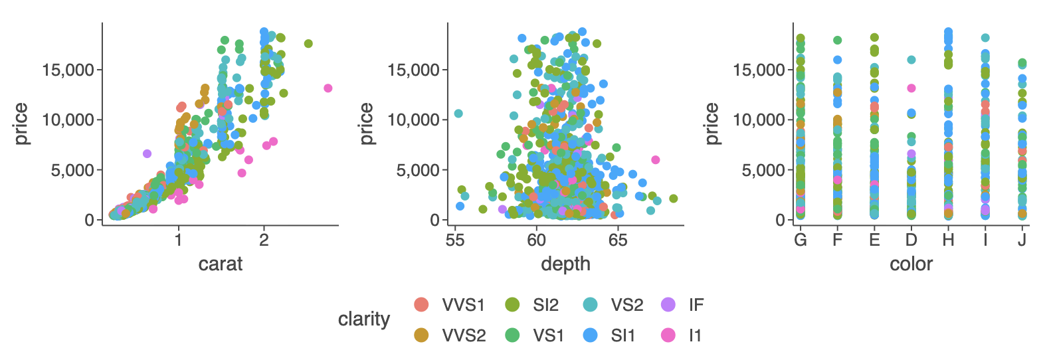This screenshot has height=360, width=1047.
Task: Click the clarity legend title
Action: [363, 319]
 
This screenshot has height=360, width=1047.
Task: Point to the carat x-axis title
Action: [221, 264]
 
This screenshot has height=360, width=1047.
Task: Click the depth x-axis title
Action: [565, 264]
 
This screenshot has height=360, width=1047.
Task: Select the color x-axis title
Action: [911, 264]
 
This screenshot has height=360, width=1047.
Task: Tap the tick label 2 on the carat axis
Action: [264, 240]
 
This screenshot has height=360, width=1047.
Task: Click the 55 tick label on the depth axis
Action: [455, 240]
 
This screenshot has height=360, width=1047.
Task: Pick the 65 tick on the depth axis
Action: [618, 240]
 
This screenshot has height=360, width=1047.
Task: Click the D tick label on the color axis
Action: [911, 240]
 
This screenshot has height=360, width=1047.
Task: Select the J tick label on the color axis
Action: [1022, 240]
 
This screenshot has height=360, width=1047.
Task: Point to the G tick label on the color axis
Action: [801, 240]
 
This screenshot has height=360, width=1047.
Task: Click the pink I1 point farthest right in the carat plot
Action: [328, 88]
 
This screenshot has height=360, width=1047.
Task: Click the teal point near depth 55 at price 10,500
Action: [458, 114]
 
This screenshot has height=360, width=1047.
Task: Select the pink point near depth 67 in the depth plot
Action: [656, 159]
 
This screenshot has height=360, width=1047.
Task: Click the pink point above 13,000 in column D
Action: [911, 88]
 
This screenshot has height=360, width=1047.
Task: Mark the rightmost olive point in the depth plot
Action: [674, 199]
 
